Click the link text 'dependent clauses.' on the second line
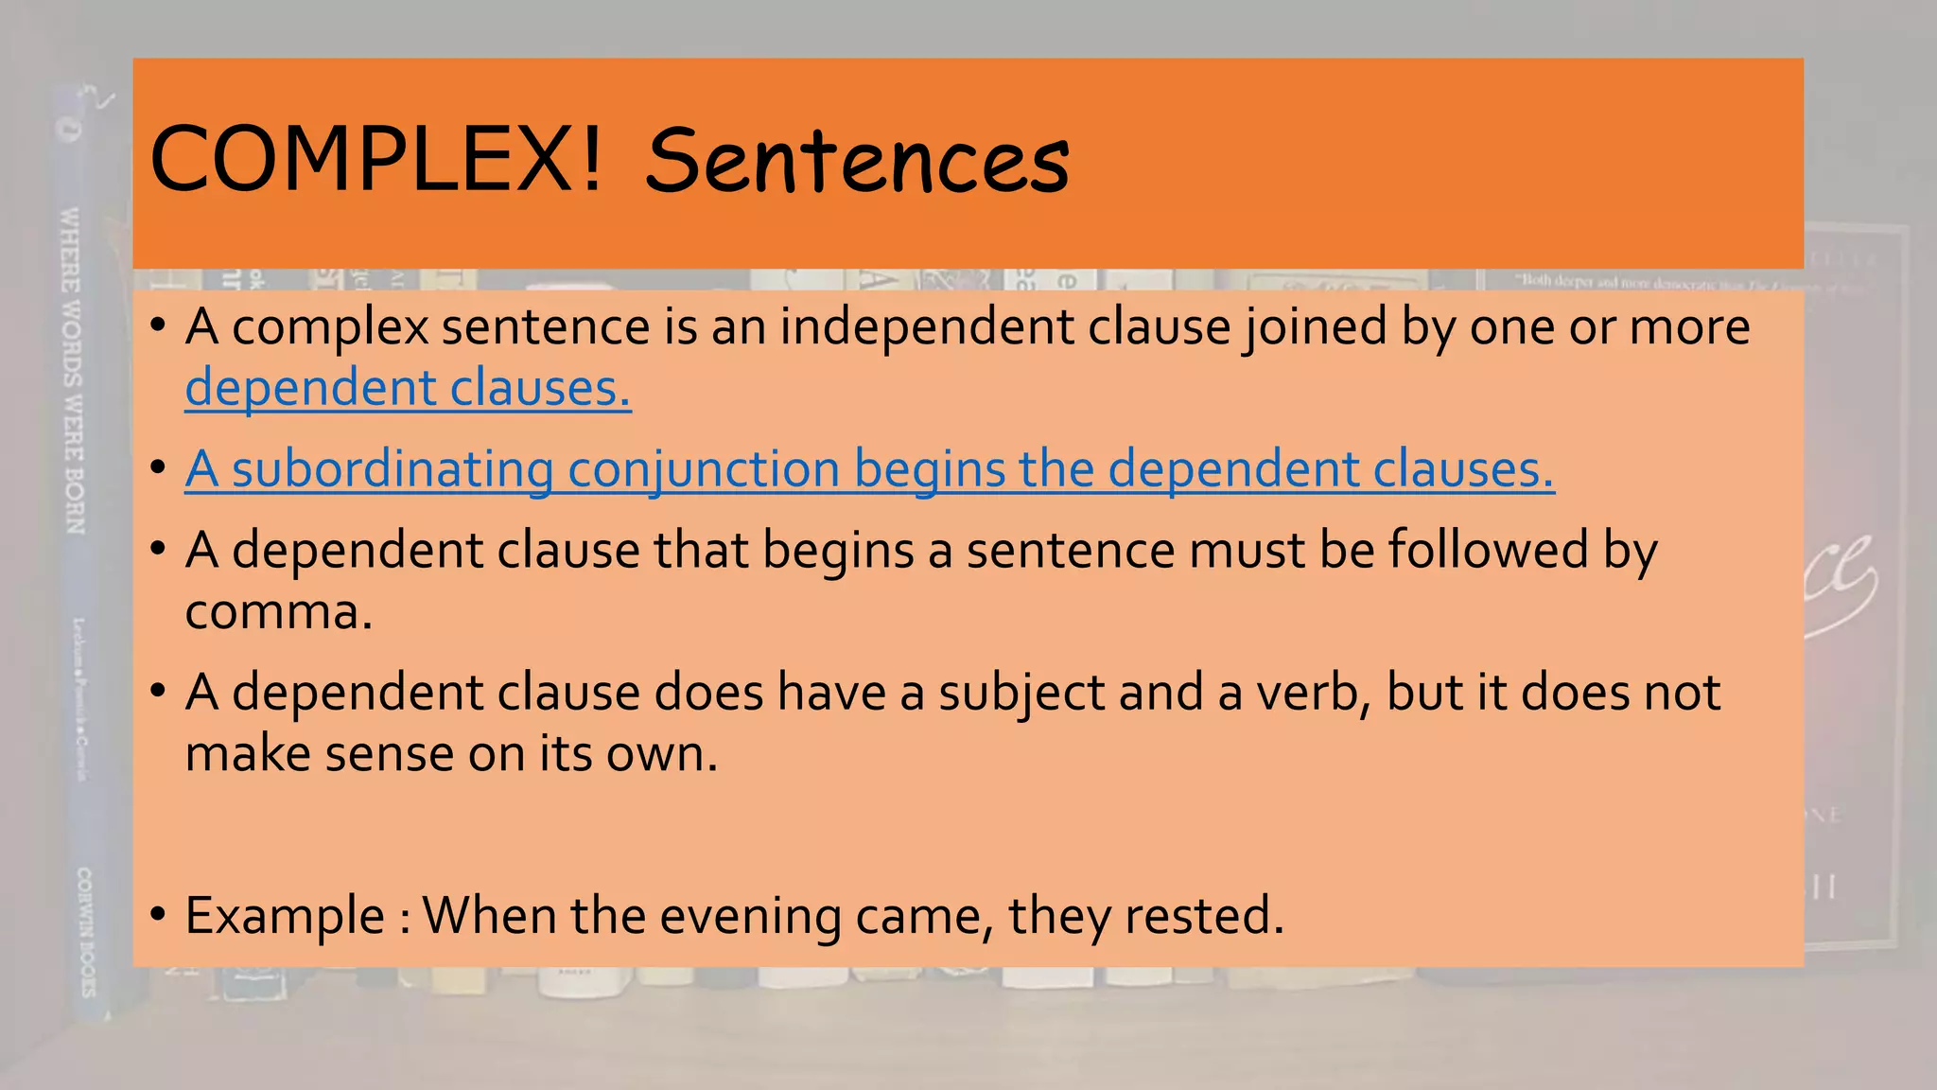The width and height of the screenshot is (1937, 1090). tap(408, 388)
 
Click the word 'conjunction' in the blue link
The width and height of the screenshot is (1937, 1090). tap(704, 469)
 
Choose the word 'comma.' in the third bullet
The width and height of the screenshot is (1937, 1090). tap(279, 612)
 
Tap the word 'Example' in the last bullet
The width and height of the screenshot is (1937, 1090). tap(285, 916)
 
